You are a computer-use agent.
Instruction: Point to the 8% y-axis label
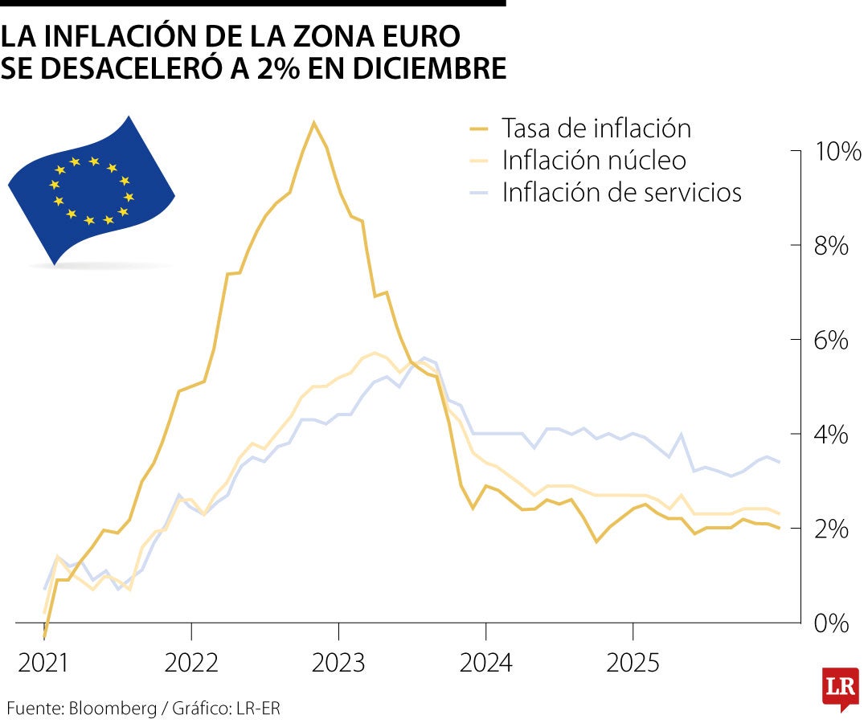coord(831,246)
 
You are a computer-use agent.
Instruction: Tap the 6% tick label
coord(831,341)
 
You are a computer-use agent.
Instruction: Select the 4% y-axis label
coord(831,435)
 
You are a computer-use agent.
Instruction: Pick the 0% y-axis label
coord(831,623)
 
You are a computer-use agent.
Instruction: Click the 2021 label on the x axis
coord(44,664)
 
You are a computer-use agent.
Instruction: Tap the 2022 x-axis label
coord(191,664)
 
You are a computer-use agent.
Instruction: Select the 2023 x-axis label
coord(338,664)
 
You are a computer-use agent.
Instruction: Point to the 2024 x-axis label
coord(485,664)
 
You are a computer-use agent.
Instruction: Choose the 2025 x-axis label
coord(633,664)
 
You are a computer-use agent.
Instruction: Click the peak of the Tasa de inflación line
coord(313,123)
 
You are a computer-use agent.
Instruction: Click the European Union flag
coord(91,190)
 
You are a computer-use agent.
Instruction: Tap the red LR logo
coord(839,688)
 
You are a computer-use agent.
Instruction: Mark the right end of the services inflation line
coord(779,461)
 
